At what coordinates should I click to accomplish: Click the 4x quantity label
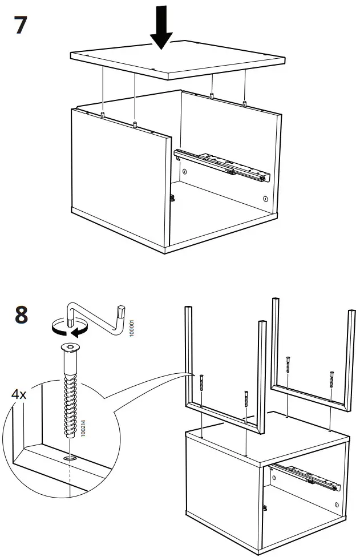coord(21,394)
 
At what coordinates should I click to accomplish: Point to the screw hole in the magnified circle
coord(69,457)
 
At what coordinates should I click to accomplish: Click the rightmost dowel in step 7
coord(244,104)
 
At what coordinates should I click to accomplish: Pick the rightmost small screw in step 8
coord(331,379)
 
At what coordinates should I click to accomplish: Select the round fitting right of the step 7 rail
coord(265,199)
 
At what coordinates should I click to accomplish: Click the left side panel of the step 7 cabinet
coord(120,183)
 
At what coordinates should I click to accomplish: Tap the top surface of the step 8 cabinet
coord(268,445)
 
